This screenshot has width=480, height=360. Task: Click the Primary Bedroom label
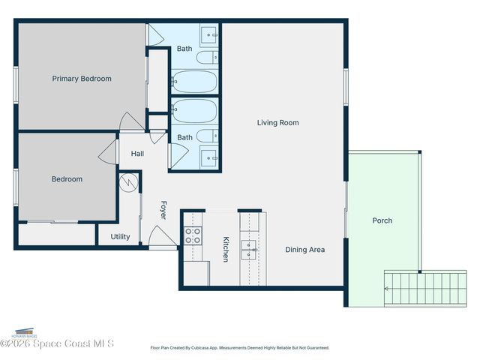tap(82, 79)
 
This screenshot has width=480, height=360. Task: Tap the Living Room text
tap(278, 123)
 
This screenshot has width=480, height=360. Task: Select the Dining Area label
tap(305, 250)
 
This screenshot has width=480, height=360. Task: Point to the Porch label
tap(382, 220)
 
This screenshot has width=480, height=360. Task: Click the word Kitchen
tap(225, 249)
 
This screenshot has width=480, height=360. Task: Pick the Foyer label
tap(163, 210)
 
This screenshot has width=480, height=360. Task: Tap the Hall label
tap(137, 154)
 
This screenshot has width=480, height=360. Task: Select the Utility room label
tap(120, 237)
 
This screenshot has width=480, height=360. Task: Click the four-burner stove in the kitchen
tap(193, 236)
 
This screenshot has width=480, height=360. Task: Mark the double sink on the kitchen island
tap(248, 250)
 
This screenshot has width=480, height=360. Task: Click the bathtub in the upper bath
tap(194, 81)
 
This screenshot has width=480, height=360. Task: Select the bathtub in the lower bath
tap(194, 112)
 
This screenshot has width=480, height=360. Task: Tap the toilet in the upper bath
tap(208, 57)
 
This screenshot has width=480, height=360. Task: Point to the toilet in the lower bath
tap(208, 136)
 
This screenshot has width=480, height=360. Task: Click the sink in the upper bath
tap(209, 34)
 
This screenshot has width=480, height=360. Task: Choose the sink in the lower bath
tap(209, 157)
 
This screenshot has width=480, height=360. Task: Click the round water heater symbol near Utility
tap(127, 182)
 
